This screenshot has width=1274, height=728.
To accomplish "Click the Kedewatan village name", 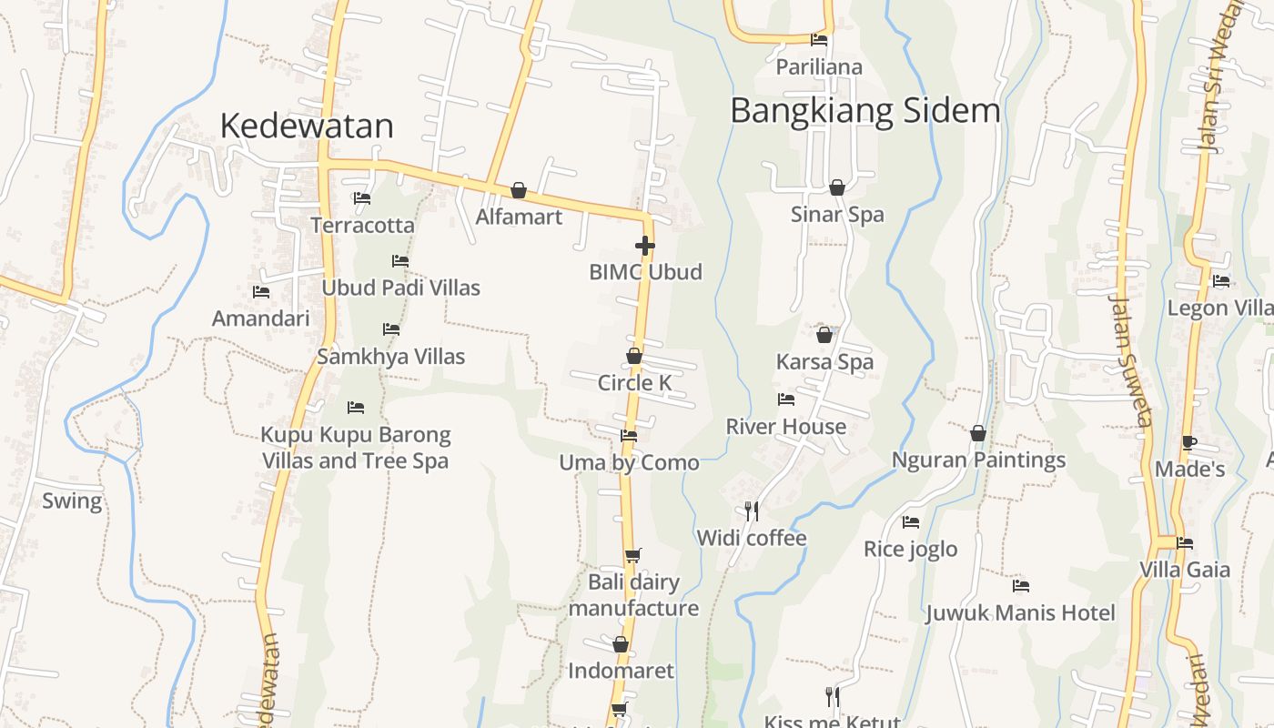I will point(307,126).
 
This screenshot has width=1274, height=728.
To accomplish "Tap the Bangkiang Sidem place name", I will point(864,111).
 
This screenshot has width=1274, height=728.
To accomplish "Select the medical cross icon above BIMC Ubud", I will point(645,246).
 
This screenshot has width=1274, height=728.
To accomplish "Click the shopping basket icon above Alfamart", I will point(519,190).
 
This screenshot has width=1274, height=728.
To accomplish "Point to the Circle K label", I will point(634,383).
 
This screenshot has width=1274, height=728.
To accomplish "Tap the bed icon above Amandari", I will point(261,292).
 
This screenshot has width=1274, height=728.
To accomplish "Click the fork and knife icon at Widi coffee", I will point(752,511).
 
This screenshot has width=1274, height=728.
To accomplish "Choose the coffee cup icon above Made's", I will point(1188,443).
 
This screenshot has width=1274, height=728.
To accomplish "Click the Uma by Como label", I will point(629,462).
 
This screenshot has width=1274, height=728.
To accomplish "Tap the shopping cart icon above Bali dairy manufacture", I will point(633,555).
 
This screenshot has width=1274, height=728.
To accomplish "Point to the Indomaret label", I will point(621,671).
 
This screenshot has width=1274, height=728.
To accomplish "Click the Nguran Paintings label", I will point(978,460).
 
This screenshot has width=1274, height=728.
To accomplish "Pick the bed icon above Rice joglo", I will point(910,522).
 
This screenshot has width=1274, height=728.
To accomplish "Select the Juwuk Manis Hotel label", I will point(1020,612).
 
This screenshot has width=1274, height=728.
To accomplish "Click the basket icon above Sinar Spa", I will point(837,187).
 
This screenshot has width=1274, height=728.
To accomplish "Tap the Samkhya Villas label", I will point(390,357).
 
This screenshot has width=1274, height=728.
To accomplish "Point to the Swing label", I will point(72,500).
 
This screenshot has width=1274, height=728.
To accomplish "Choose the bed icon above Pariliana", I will point(819,40).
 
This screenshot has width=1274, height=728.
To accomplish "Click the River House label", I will point(785,426).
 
